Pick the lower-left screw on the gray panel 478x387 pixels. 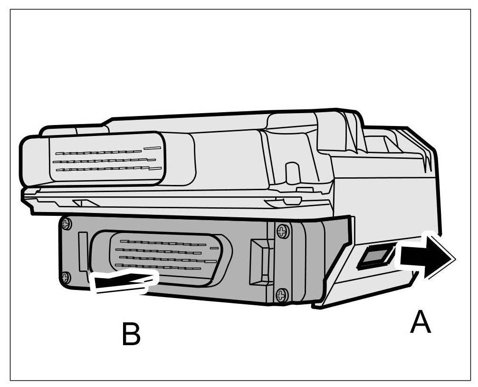66,277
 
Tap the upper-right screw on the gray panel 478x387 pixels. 282,232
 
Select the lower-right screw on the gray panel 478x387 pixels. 282,295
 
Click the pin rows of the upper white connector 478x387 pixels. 107,160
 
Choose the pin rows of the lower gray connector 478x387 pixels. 164,255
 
